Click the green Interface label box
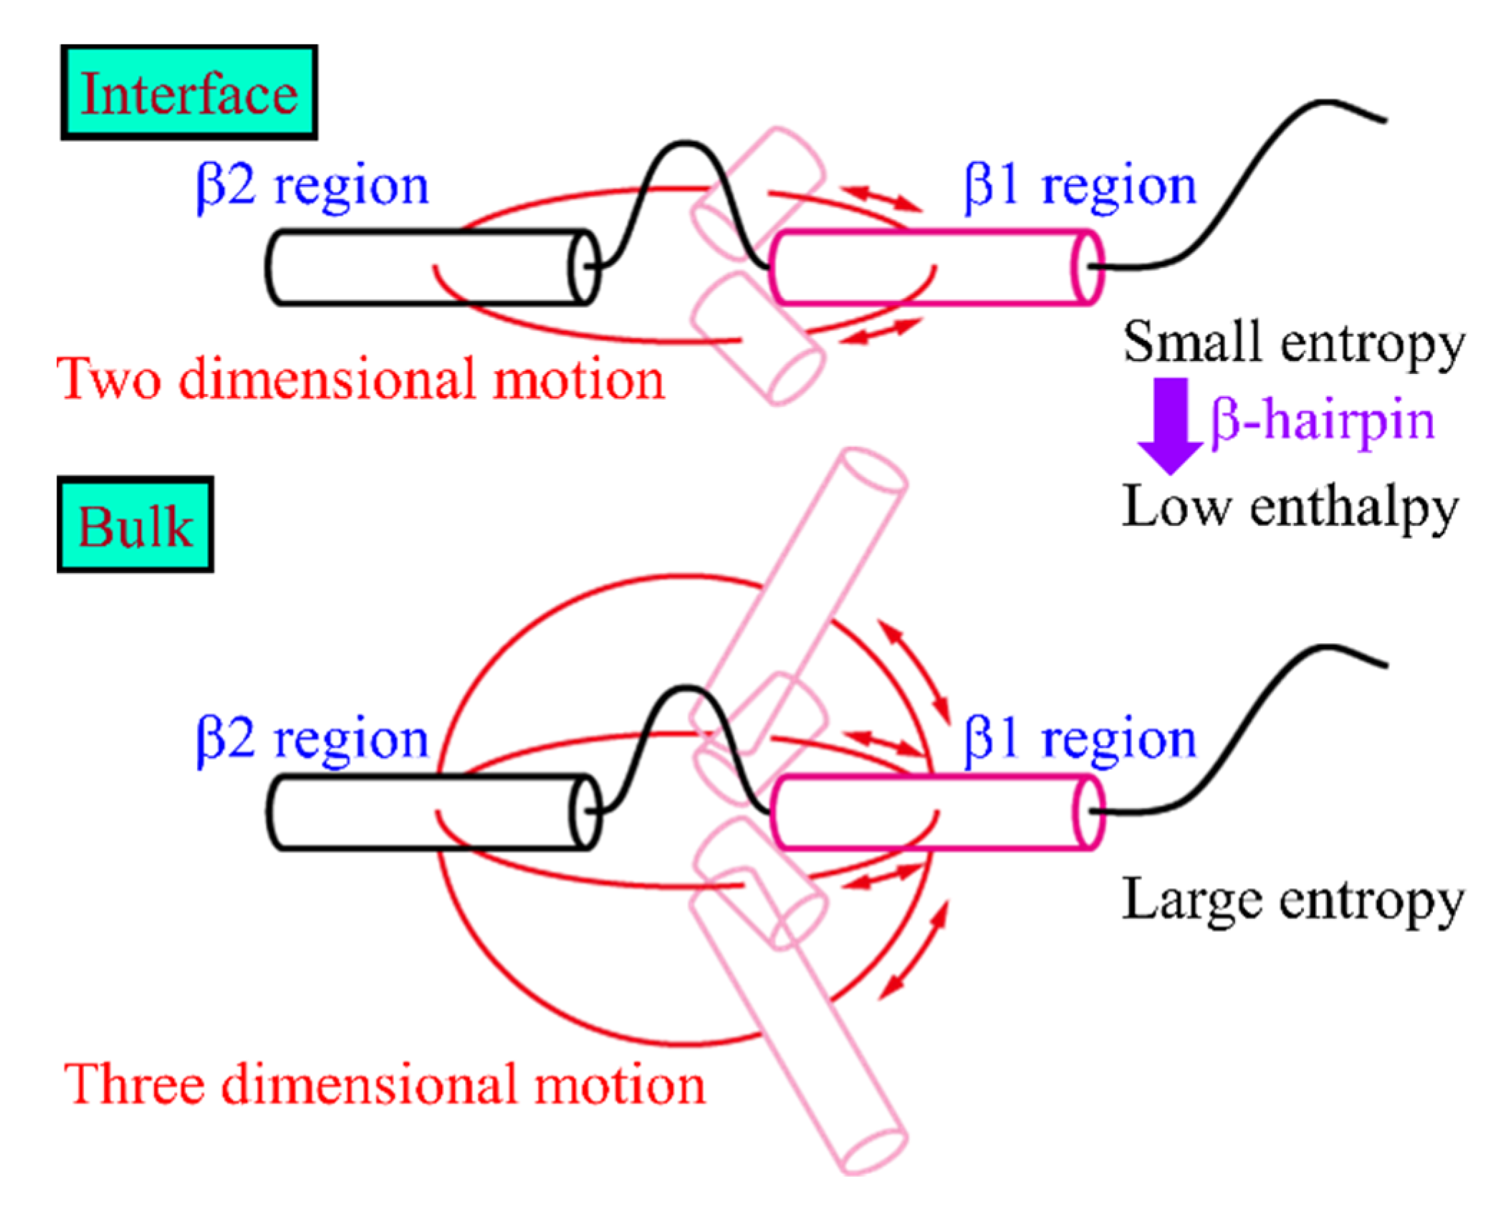point(188,92)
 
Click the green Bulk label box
point(135,525)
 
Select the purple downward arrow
point(1170,425)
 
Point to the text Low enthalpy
point(1290,507)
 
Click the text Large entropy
point(1293,900)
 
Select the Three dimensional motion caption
point(384,1085)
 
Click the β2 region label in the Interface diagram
point(312,186)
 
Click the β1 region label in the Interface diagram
point(1080,186)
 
